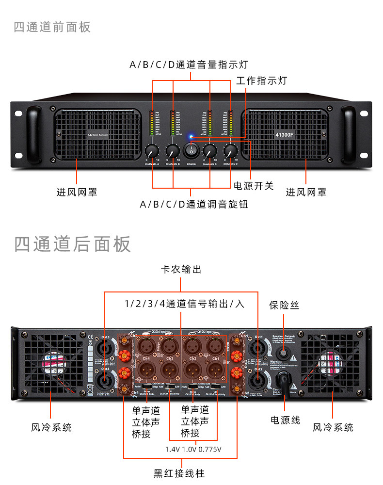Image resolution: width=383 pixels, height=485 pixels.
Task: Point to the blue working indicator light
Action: [x=191, y=137]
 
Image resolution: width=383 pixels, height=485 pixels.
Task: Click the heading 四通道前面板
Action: [x=52, y=27]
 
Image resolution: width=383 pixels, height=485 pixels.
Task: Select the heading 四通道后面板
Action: [x=72, y=244]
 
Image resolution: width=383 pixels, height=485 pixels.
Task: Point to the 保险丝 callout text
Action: [x=284, y=305]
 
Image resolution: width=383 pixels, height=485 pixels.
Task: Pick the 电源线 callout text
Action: [x=285, y=420]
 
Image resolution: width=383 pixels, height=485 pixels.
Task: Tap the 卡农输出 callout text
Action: [x=181, y=270]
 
